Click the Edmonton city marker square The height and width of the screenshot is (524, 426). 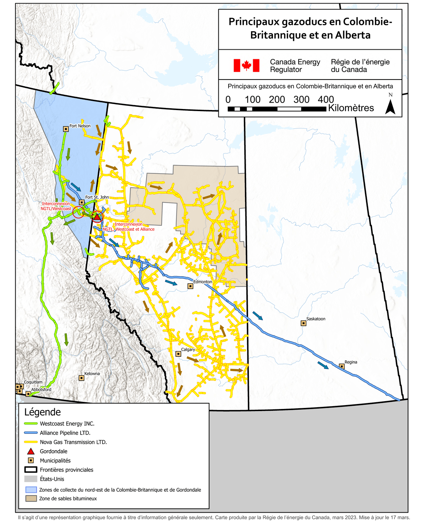(x=190, y=286)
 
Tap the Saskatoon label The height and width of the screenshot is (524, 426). (x=316, y=319)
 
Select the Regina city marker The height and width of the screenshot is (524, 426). (x=342, y=366)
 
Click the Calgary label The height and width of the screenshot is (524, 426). (x=188, y=350)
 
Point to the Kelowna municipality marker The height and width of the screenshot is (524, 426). (x=81, y=378)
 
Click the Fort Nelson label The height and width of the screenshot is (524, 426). (x=80, y=126)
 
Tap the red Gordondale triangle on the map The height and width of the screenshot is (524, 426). (x=97, y=217)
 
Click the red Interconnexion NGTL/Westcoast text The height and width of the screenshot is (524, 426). (x=56, y=206)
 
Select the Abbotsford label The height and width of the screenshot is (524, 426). (x=41, y=389)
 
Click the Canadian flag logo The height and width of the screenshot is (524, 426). (x=246, y=66)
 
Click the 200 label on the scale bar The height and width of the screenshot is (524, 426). (x=277, y=100)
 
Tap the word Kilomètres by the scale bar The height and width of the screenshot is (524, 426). (x=351, y=108)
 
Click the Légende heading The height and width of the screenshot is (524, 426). (x=43, y=412)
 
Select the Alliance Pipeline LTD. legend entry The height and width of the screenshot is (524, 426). (x=65, y=433)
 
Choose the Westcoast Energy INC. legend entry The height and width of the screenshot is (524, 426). (x=67, y=424)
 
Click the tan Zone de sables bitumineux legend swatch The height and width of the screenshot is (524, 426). (x=31, y=498)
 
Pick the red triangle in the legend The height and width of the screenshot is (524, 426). (x=31, y=452)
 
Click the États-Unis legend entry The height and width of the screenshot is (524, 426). (x=52, y=479)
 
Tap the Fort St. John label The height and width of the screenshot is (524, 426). (x=97, y=197)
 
